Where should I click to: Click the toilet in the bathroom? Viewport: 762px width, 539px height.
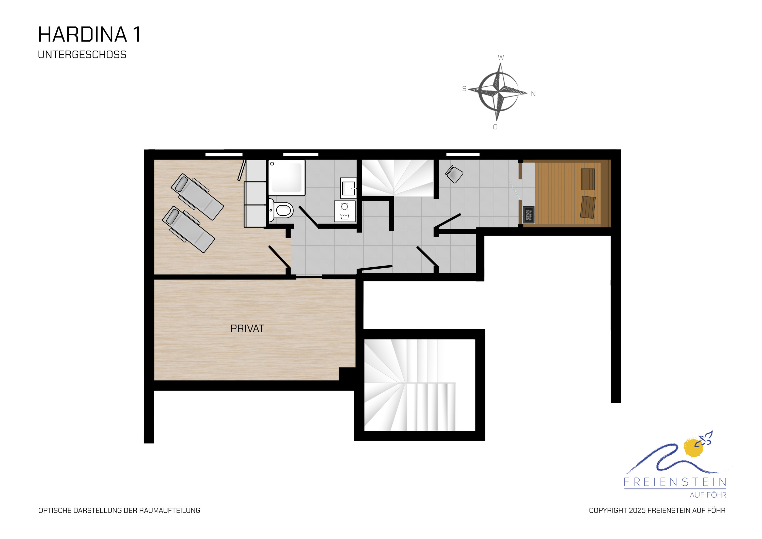click(280, 210)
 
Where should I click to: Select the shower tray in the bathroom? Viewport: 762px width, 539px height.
click(287, 178)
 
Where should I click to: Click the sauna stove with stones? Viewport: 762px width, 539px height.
click(529, 215)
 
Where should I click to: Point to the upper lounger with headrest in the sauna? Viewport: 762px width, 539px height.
click(588, 179)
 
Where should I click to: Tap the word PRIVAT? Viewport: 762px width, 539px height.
click(247, 329)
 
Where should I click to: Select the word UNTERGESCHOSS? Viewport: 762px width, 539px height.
click(82, 55)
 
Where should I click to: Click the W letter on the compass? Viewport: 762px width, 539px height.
click(501, 58)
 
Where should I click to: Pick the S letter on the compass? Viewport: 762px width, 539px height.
click(464, 89)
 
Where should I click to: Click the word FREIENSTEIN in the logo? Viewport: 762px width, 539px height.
click(675, 482)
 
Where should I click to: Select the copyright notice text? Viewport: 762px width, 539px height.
click(657, 511)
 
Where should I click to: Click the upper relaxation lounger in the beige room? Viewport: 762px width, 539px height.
click(197, 197)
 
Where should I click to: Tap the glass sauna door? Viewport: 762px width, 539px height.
click(515, 191)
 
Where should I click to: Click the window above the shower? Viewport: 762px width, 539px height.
click(301, 155)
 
